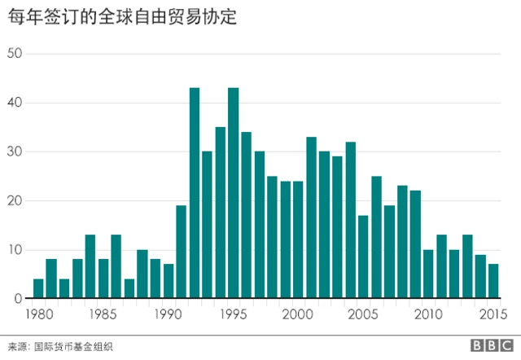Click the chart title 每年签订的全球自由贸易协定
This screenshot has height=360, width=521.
(123, 16)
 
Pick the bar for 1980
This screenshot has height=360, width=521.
(38, 289)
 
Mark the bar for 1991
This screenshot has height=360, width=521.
(182, 252)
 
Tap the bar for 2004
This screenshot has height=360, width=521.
(350, 221)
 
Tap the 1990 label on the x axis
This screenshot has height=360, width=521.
(168, 314)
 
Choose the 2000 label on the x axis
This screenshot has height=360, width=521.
(298, 314)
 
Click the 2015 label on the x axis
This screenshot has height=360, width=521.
(493, 314)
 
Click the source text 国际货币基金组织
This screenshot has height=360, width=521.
(72, 346)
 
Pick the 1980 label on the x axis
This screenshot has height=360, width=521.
(38, 314)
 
